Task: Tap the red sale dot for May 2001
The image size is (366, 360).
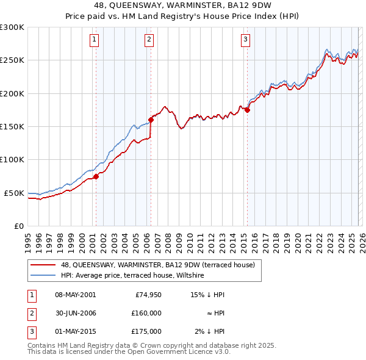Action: point(96,177)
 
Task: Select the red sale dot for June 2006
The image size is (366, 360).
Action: point(151,120)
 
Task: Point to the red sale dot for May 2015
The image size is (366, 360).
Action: point(247,110)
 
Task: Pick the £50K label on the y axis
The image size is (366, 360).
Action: point(14,193)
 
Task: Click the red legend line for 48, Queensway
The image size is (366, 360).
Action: point(44,265)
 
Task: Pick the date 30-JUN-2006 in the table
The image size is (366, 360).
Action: point(75,313)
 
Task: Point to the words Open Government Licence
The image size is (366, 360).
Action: point(173,352)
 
